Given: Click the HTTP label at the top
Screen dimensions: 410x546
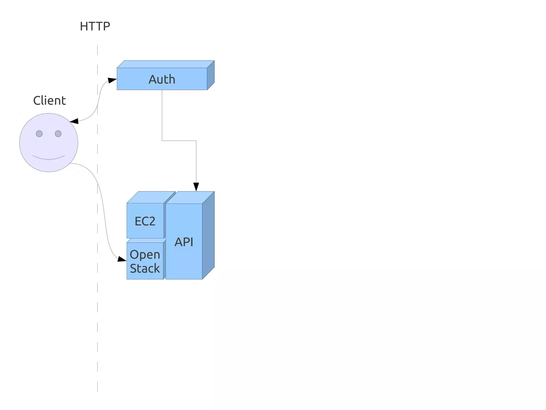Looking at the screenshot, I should click(x=95, y=26).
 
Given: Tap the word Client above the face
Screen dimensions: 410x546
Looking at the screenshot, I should click(x=49, y=101).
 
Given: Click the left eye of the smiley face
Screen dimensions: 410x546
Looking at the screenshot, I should click(x=39, y=134).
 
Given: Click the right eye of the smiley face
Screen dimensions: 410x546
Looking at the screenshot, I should click(x=58, y=134).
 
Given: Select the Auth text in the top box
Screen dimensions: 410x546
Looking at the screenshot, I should click(x=162, y=79).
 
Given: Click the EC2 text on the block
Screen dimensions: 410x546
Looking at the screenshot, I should click(x=145, y=221).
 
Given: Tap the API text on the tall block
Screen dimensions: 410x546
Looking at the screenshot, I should click(x=184, y=242).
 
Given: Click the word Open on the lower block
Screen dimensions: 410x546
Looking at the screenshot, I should click(x=145, y=255).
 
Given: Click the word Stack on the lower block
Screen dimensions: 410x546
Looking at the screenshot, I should click(x=145, y=268).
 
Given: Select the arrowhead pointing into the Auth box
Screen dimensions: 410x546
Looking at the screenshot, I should click(x=113, y=80).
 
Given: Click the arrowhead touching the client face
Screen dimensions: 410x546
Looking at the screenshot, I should click(x=74, y=121).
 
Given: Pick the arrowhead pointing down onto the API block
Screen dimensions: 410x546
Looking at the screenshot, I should click(x=196, y=187).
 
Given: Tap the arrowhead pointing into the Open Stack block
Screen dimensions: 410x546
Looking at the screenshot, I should click(x=122, y=259).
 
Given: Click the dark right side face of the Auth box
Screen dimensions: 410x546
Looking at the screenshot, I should click(x=211, y=75).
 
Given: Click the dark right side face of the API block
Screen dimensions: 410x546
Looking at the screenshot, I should click(x=208, y=235).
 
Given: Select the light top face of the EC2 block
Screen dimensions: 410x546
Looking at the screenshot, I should click(x=151, y=197).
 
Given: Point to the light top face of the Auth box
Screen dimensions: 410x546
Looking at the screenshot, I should click(x=165, y=64).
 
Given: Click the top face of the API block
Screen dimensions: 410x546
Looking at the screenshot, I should click(x=190, y=197).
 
